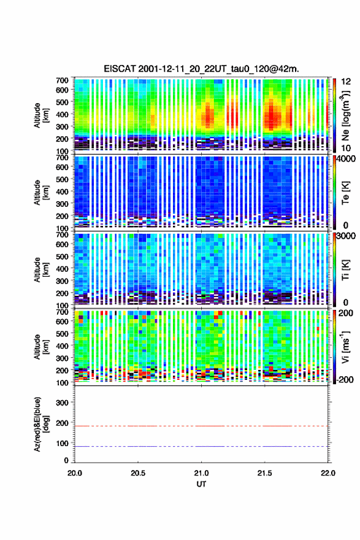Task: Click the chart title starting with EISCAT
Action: [201, 69]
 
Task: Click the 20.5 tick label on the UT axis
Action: [137, 473]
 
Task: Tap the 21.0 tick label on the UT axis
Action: [201, 473]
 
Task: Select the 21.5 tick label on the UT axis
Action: [264, 473]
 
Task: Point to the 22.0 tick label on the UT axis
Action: [327, 473]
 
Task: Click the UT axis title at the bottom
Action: [201, 484]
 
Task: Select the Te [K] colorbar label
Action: [345, 193]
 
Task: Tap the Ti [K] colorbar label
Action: [345, 269]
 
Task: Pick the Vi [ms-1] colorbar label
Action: [345, 347]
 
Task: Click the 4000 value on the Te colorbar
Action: [345, 159]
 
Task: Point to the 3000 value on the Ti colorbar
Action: [345, 236]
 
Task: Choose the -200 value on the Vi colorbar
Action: [345, 379]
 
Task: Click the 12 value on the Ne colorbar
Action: [345, 82]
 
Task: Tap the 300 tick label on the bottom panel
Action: [62, 403]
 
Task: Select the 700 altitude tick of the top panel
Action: [62, 80]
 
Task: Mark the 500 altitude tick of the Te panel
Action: [62, 179]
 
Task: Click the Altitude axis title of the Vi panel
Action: [41, 347]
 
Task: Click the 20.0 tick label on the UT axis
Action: [75, 473]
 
